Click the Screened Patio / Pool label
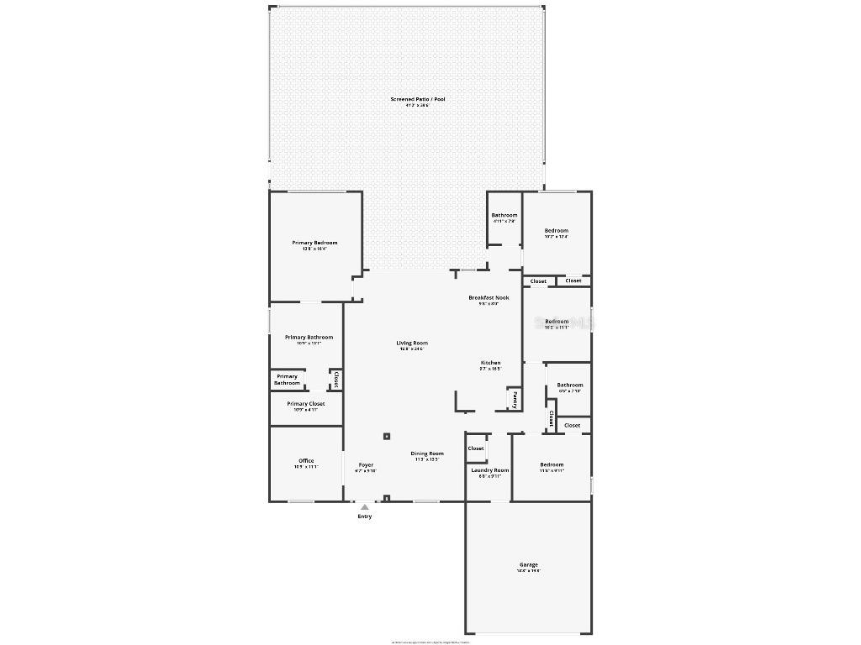pos(418,99)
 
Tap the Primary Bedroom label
pos(314,243)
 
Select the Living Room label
pos(412,343)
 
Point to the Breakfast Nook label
pos(489,297)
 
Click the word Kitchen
pos(490,363)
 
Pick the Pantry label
pos(514,400)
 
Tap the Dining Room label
pos(427,454)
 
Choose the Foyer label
pos(366,464)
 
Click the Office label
pos(306,460)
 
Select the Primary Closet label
pos(305,404)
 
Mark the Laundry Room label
pos(489,470)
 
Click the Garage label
pos(528,565)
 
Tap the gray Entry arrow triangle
pos(364,507)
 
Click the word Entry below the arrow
pos(364,517)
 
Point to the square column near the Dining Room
pos(387,436)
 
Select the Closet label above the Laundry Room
pos(476,448)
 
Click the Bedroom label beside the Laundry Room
pos(552,464)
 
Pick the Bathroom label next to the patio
pos(504,215)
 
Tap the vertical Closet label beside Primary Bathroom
pos(335,380)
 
